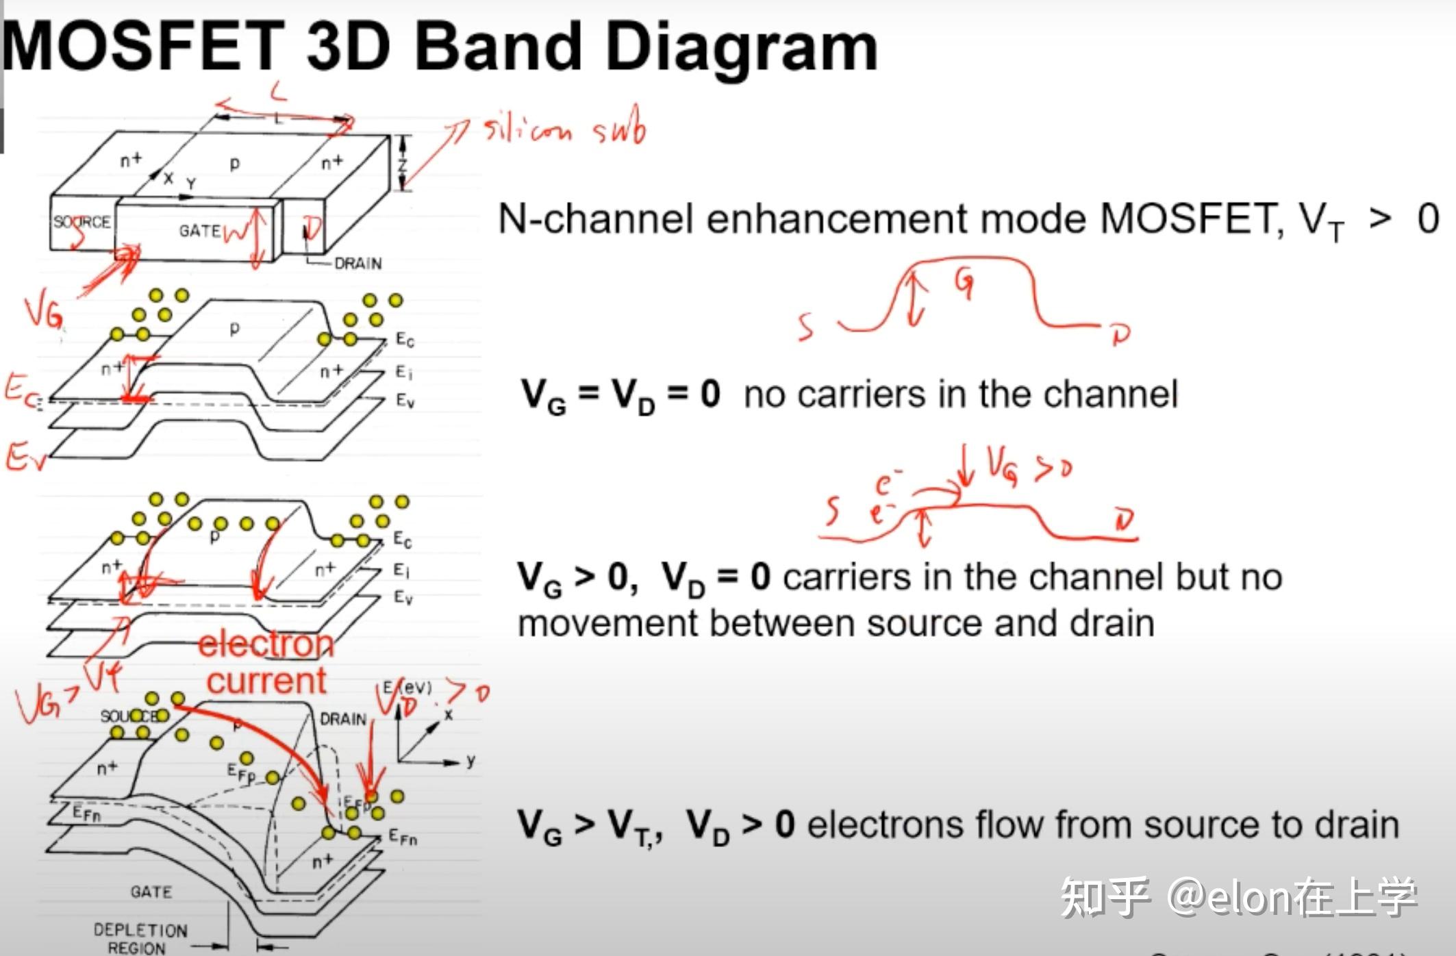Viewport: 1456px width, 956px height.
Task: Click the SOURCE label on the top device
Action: pos(81,223)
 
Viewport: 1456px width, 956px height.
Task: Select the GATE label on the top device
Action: pos(200,231)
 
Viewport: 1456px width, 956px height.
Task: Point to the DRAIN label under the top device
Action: pos(357,264)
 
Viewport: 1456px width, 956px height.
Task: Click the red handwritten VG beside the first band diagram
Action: pos(43,313)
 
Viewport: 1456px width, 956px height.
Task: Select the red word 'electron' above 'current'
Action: pos(266,644)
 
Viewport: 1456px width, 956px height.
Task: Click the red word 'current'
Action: pos(266,681)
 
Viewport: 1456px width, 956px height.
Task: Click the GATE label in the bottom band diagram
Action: pos(151,892)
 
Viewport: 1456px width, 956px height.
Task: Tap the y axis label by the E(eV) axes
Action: pos(470,761)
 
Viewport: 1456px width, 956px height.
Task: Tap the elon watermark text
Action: pos(1239,897)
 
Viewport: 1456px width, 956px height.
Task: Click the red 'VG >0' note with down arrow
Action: pos(1020,467)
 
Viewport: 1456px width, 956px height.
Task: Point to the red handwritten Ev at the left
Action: pos(25,457)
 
